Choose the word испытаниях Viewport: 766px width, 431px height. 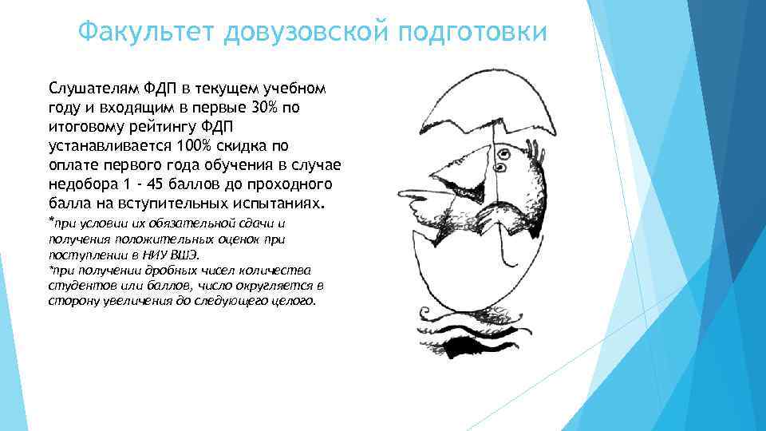272,204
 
